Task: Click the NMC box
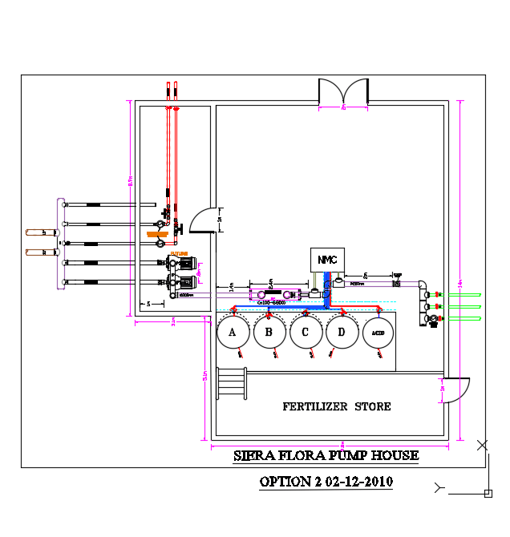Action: [326, 260]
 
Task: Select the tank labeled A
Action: [233, 333]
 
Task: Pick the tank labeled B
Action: [269, 333]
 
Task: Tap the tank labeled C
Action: [306, 333]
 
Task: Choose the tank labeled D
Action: [342, 333]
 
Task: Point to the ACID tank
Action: [378, 333]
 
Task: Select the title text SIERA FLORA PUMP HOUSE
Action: [326, 456]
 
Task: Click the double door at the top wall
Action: [343, 92]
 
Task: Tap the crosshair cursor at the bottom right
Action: [483, 445]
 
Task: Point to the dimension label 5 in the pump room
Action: [150, 304]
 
